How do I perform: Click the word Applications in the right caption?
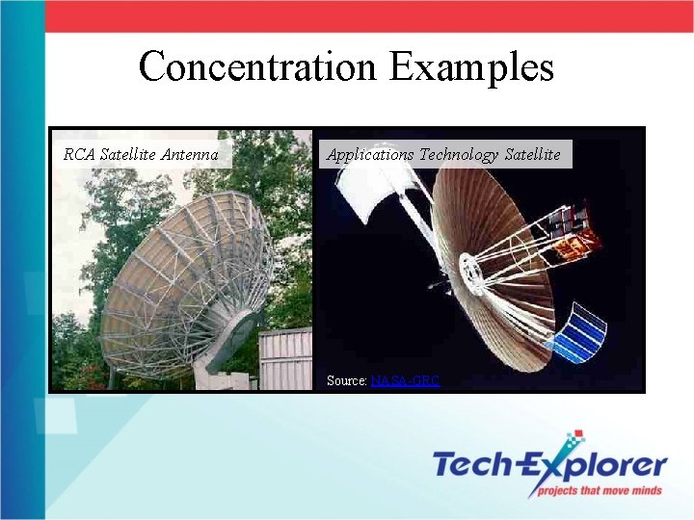(370, 154)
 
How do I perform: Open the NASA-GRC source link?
(405, 380)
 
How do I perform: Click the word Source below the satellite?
(346, 380)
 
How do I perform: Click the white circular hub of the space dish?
(472, 273)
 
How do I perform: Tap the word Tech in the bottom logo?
(473, 465)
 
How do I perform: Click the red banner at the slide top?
(366, 16)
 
